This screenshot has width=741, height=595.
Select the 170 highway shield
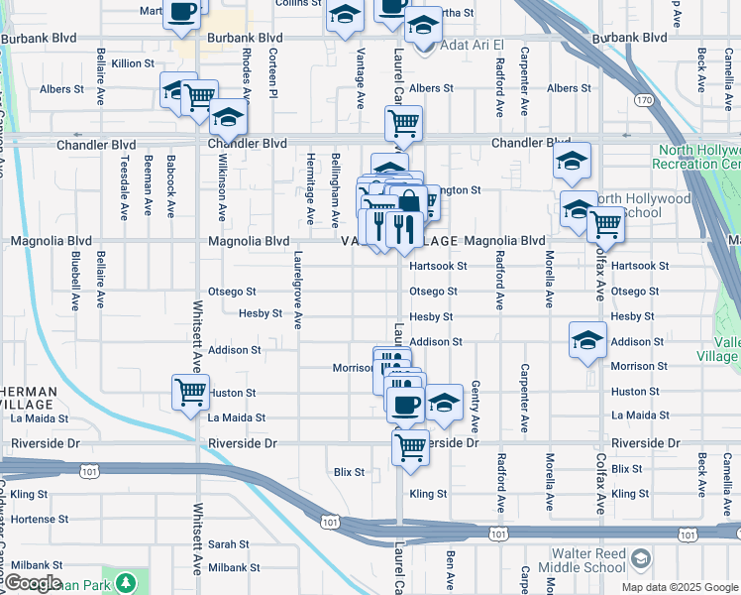click(644, 100)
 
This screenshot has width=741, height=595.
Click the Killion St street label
click(133, 62)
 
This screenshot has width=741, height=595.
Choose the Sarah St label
click(228, 544)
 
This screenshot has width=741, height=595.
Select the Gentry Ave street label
click(476, 406)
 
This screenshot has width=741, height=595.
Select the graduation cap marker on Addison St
click(587, 338)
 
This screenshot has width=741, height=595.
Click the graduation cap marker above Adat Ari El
click(424, 24)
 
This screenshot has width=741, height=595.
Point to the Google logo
click(33, 583)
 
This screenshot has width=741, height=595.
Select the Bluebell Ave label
click(76, 281)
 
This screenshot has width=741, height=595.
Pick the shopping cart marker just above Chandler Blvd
click(403, 123)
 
